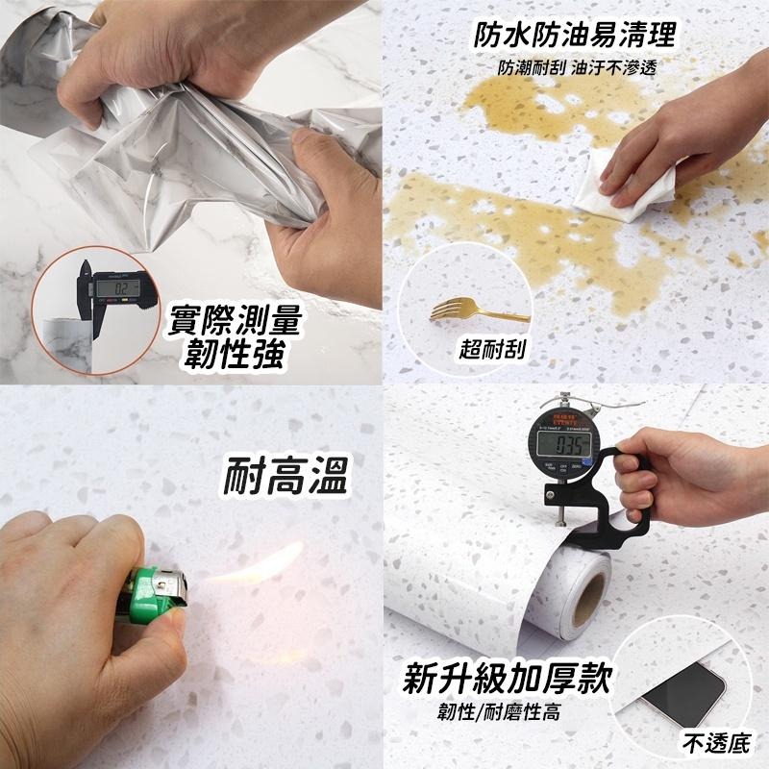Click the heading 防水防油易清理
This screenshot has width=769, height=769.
[x=576, y=36]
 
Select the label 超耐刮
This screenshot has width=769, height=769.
[x=493, y=348]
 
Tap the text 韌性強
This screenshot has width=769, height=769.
[x=236, y=356]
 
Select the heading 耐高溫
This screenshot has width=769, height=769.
[x=285, y=474]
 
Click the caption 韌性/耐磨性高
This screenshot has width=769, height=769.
[x=498, y=712]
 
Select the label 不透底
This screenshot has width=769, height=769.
[x=713, y=741]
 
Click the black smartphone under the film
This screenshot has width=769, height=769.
[x=684, y=692]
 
